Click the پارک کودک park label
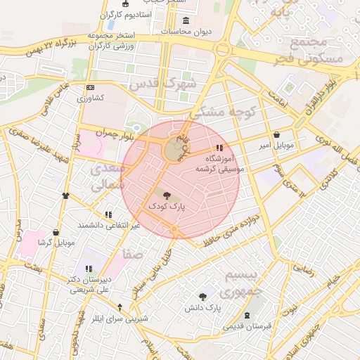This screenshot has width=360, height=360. tap(166, 207)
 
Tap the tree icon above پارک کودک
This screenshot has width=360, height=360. tap(167, 196)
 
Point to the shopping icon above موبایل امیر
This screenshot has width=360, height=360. tap(276, 135)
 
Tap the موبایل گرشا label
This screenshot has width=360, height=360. tap(56, 243)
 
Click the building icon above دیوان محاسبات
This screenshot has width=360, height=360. tap(186, 20)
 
